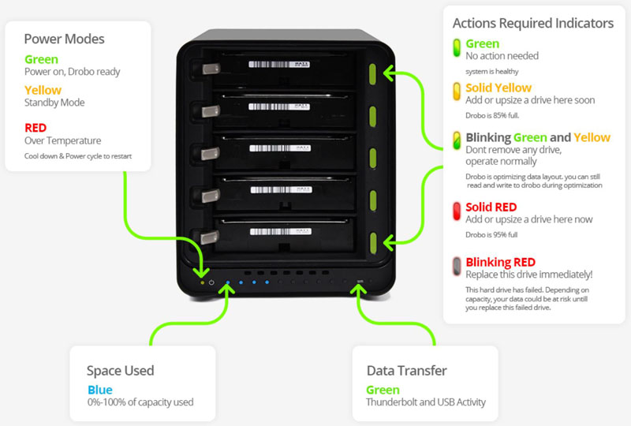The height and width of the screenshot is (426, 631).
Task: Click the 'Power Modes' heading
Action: (x=64, y=38)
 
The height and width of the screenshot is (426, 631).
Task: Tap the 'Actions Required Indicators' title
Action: (x=532, y=23)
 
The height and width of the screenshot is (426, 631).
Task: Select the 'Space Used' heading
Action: (x=120, y=370)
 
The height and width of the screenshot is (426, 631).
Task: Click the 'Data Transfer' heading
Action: (x=406, y=370)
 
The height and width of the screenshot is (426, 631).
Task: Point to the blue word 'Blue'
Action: (x=99, y=390)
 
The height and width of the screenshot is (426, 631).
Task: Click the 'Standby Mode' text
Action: (x=54, y=103)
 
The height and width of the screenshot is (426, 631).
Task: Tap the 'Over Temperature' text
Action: (x=63, y=140)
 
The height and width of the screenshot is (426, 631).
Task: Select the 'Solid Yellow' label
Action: (x=498, y=88)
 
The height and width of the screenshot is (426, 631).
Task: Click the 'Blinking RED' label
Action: (x=500, y=262)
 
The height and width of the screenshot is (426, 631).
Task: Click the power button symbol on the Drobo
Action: (x=211, y=282)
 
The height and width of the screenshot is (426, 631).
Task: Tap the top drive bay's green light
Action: (x=375, y=74)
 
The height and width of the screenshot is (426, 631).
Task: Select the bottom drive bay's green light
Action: (x=375, y=241)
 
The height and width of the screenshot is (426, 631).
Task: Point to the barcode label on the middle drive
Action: (x=276, y=148)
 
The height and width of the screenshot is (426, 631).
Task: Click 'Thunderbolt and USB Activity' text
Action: (x=426, y=402)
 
